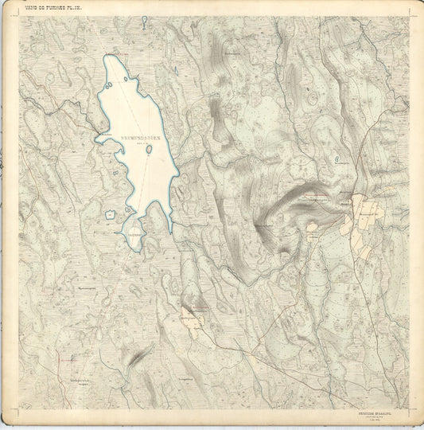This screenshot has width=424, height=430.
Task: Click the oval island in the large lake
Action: click(149, 148)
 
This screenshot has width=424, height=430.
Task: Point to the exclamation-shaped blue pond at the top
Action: click(143, 21)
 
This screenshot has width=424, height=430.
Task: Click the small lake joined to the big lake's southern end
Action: click(130, 237)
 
